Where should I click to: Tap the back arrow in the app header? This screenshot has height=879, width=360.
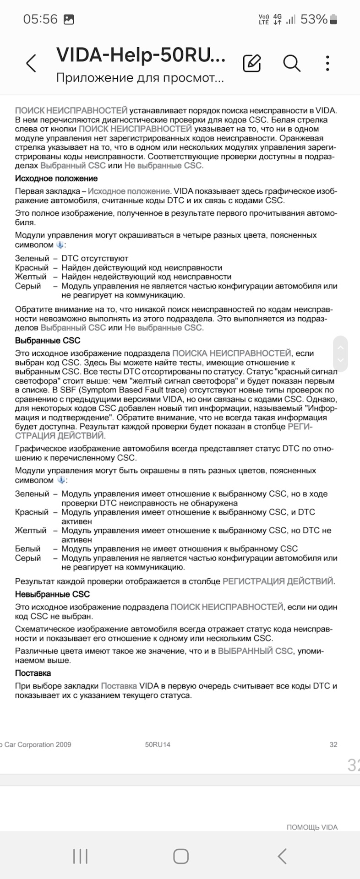pos(31,63)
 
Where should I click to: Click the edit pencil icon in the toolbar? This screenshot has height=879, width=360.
pos(252,63)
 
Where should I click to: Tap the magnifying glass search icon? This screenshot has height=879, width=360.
pos(291,63)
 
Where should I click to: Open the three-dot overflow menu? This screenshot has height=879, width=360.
pos(327,63)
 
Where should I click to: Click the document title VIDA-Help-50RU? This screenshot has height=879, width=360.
pos(141,55)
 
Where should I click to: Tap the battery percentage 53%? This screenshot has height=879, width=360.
pos(314,19)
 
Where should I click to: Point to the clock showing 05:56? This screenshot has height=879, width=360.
pos(40,19)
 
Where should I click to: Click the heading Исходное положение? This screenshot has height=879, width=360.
pos(56,179)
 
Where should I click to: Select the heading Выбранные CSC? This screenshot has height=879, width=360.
pos(48,341)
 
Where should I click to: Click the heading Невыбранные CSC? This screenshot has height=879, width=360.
pos(52,594)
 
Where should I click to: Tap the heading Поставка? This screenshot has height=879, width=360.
pos(33,673)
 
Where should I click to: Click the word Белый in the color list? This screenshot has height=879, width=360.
pos(28,548)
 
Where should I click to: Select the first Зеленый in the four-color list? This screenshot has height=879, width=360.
pos(32,258)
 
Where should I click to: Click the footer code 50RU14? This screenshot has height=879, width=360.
pos(158,744)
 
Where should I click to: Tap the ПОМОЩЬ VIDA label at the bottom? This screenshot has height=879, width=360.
pos(312,827)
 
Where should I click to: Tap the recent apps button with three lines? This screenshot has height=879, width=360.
pos(80,856)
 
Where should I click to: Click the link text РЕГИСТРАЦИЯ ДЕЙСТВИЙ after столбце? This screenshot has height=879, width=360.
pos(278,581)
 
